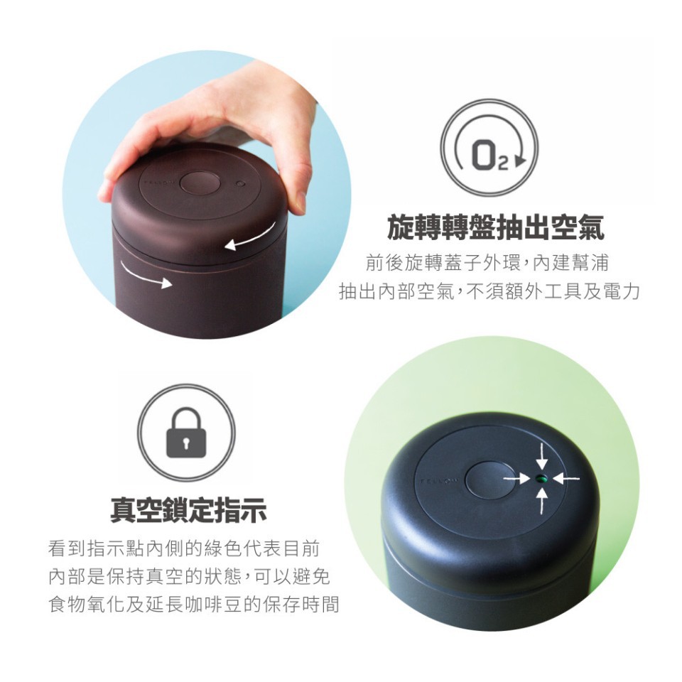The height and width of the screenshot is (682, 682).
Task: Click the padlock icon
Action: pos(186,433)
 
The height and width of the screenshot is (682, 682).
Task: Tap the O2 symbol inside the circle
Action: pos(489,156)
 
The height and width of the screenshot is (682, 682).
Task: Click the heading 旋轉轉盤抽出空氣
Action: pos(495,227)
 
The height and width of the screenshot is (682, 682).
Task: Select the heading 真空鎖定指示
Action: pos(188,510)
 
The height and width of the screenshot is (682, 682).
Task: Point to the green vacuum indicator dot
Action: pos(541,479)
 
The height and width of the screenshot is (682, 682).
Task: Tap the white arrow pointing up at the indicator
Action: pos(541,501)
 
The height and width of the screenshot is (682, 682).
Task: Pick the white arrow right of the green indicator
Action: pos(566,479)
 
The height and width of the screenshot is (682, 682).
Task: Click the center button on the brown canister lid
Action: pos(200,183)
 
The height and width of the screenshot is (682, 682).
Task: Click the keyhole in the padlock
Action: pos(187,443)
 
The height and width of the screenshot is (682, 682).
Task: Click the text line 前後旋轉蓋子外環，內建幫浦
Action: pos(487,263)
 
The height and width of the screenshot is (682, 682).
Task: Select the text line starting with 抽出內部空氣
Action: pos(489,291)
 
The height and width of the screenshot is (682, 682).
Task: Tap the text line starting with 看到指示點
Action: pos(184,548)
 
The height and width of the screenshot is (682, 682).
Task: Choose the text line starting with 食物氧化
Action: pos(194,604)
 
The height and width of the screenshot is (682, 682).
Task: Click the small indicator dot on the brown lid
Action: pos(238,184)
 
